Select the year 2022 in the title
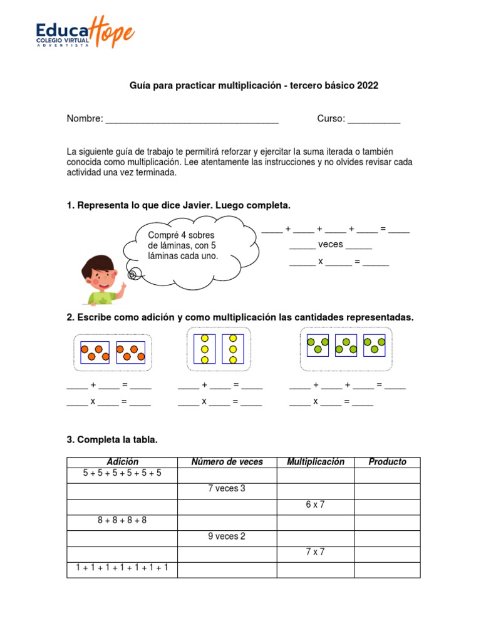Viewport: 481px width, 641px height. tap(368, 85)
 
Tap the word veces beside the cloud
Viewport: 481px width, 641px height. tap(330, 245)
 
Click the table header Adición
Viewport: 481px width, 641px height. tap(122, 462)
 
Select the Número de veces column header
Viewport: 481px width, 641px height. tap(227, 462)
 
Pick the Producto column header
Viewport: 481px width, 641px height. tap(387, 462)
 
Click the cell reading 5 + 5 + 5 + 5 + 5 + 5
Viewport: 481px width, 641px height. tap(122, 473)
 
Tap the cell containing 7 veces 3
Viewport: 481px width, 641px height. tap(227, 489)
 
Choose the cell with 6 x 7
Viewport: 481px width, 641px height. tap(315, 505)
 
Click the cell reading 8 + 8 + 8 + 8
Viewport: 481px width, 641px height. tap(122, 520)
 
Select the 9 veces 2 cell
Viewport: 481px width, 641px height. tap(227, 536)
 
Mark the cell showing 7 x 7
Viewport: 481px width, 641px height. tap(315, 552)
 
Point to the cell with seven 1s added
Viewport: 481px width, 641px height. tap(122, 568)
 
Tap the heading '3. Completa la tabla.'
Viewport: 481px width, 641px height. tap(112, 440)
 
